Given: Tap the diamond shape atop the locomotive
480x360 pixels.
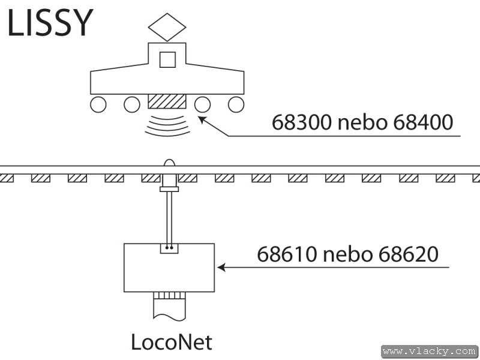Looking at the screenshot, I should [167, 26].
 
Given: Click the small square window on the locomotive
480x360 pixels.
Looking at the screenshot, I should [167, 59].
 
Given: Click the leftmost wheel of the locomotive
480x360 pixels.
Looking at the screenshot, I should [98, 104].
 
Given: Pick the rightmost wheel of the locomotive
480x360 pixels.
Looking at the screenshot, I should [236, 104].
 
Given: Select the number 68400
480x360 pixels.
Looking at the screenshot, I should [422, 122].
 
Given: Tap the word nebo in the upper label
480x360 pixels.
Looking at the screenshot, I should [362, 123].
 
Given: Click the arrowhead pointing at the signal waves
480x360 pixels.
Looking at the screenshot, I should [202, 120].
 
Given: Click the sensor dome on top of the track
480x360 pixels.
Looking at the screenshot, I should [169, 163].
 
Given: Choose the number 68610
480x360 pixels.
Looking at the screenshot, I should [286, 254].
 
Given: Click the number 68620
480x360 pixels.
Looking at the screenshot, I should [407, 254].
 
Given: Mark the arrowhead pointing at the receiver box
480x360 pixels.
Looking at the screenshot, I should [221, 267].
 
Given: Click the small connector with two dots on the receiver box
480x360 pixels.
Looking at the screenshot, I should [169, 247].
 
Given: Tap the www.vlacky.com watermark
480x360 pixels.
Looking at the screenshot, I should [430, 350].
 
